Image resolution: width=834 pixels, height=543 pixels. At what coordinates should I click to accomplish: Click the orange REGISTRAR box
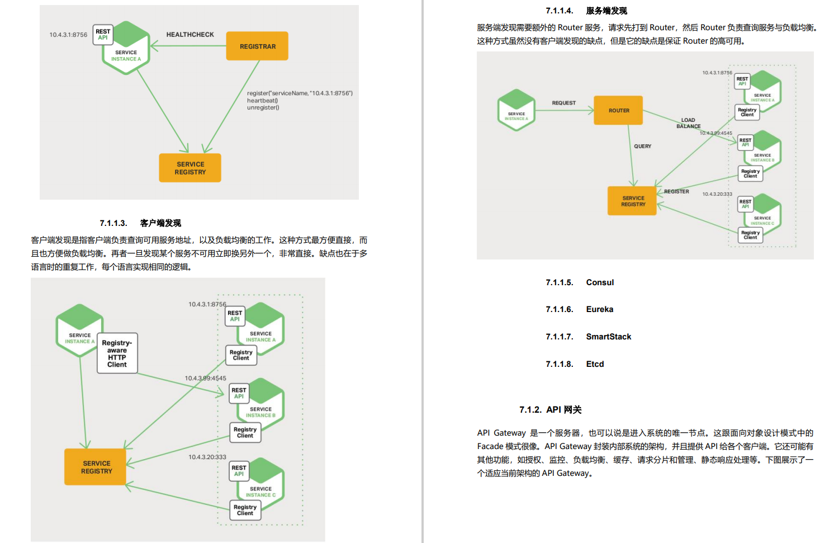[257, 46]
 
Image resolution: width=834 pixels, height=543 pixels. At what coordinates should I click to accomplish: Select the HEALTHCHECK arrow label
[190, 35]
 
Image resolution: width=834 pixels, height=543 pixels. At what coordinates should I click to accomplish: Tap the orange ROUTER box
[618, 111]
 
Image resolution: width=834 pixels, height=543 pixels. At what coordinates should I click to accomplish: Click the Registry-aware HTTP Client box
[117, 353]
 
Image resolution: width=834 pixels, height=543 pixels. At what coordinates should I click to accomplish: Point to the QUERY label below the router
[642, 147]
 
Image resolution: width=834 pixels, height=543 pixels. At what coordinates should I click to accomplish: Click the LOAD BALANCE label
[688, 123]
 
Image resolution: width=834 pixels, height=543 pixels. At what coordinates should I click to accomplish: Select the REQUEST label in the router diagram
[563, 103]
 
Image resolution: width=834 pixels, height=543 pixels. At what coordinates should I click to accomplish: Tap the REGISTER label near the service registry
[676, 192]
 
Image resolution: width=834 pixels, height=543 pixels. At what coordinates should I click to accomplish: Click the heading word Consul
[600, 282]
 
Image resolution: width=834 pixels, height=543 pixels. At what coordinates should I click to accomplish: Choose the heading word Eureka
[599, 309]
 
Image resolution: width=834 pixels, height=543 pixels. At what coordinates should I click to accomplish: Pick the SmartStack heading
[608, 337]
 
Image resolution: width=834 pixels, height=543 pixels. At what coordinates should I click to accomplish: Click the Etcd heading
[595, 364]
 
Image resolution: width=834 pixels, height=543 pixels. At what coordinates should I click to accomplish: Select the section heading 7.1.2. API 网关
[550, 410]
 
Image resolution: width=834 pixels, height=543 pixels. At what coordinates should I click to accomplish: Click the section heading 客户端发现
[160, 223]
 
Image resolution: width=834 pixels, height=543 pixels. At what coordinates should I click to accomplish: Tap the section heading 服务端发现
[606, 11]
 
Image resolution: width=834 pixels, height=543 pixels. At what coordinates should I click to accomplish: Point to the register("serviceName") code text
[300, 93]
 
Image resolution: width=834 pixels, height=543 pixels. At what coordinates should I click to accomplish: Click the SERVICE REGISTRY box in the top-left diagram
[190, 168]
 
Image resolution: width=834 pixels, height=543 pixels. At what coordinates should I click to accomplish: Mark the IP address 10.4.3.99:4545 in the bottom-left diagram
[205, 379]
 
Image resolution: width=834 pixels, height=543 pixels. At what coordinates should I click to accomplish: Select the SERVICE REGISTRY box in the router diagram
[633, 201]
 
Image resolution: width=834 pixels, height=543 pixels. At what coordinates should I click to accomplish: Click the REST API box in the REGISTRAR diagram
[103, 35]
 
